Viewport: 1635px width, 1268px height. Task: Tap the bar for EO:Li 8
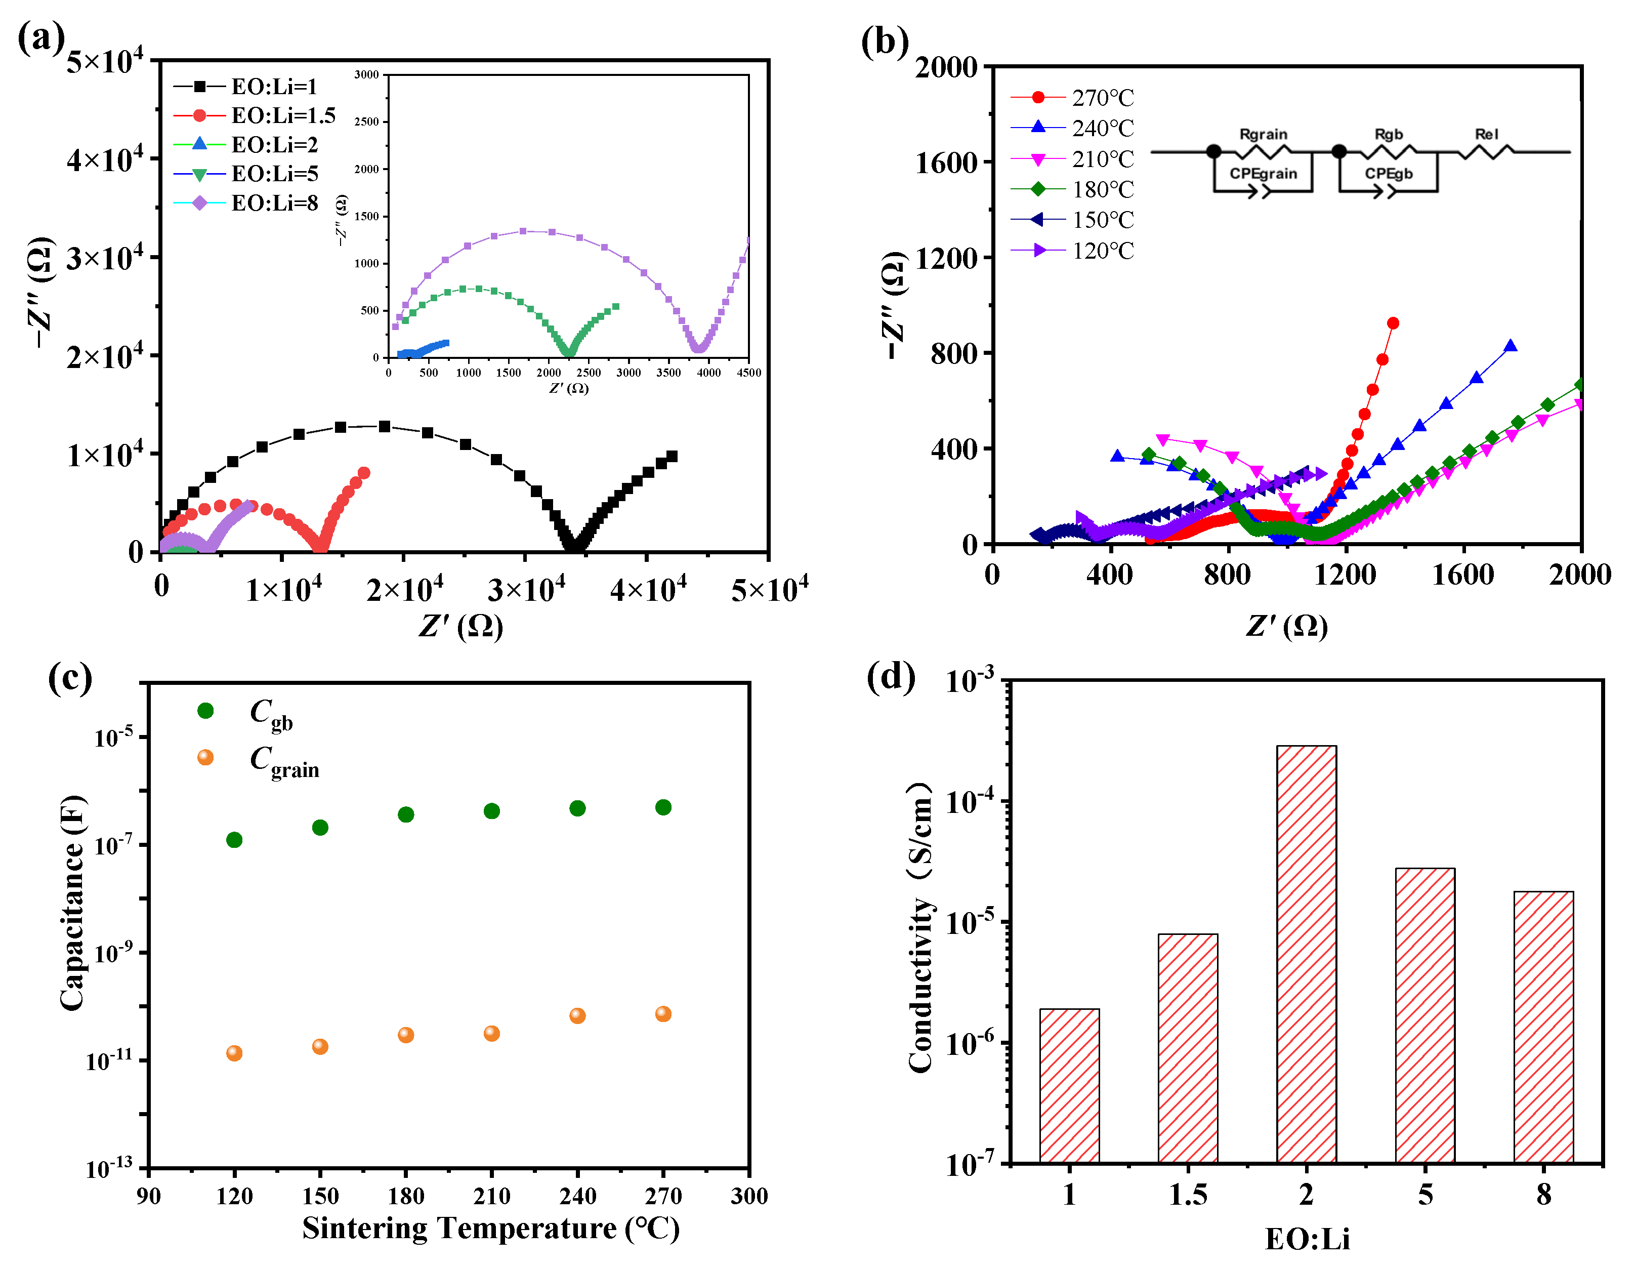tap(1544, 1026)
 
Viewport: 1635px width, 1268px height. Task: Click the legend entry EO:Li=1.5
tap(282, 115)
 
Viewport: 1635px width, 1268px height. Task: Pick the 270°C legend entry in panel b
tap(1102, 97)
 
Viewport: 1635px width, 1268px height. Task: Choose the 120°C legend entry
tap(1102, 250)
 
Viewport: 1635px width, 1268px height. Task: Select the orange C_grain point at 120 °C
tap(234, 1053)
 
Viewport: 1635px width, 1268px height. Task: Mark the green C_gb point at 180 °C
tap(406, 814)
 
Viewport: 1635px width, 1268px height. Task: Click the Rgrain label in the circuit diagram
tap(1264, 134)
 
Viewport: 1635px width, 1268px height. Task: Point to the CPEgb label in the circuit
tap(1389, 174)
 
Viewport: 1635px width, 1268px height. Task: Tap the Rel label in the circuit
tap(1487, 134)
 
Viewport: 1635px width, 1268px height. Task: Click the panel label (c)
tap(70, 679)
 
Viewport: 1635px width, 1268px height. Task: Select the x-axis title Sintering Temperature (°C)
tap(490, 1229)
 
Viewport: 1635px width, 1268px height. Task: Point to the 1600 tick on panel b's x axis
tap(1462, 575)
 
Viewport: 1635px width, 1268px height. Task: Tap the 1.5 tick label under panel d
tap(1188, 1194)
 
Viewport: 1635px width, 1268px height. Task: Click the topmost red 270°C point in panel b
tap(1393, 323)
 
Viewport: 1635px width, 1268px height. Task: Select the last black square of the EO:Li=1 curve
tap(672, 456)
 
